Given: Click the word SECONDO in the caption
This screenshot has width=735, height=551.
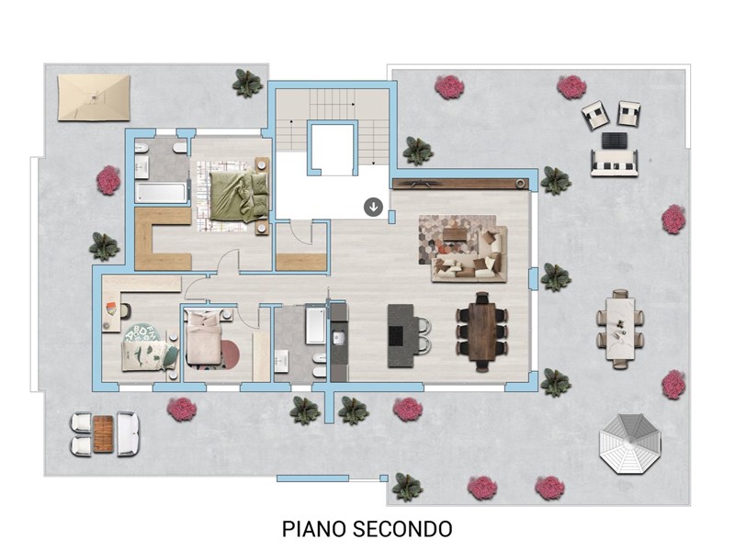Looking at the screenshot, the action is (402, 529).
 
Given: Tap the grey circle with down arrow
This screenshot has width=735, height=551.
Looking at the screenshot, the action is (374, 207).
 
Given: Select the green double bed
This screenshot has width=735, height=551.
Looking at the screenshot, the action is (239, 195).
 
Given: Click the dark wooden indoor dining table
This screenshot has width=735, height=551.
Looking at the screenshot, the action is (481, 332).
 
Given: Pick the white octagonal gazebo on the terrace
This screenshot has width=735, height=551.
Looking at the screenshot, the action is (630, 444).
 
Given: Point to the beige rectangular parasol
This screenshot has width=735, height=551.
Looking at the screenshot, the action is (94, 97).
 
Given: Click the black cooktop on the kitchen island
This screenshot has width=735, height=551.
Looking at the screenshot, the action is (396, 335).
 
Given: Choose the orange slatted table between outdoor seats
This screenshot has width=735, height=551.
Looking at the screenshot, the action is (104, 433).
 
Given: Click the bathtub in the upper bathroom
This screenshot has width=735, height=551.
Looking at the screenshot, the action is (160, 193).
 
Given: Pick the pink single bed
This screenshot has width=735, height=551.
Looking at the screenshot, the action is (204, 339).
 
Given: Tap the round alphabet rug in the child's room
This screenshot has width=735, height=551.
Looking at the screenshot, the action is (142, 333).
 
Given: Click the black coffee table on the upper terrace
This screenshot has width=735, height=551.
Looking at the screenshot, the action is (615, 141).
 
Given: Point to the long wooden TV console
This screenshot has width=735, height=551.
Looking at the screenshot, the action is (460, 184).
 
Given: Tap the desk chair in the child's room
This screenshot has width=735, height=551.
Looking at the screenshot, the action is (126, 310).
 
